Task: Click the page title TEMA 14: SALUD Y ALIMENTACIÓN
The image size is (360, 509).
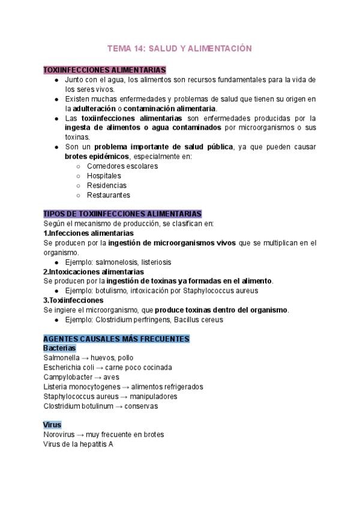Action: tap(179, 48)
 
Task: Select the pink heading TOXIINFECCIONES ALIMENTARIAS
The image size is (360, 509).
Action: tap(105, 70)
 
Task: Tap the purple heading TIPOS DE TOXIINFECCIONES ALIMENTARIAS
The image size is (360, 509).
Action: tap(123, 214)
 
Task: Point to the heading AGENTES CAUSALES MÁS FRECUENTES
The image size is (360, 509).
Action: tap(116, 339)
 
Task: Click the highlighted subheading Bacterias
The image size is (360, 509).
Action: tap(60, 348)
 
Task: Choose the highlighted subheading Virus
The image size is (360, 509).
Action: tap(52, 425)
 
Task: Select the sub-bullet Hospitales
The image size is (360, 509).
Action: tap(104, 176)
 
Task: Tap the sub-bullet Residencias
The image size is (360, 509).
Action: tap(106, 185)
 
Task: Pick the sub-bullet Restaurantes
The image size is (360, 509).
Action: tap(108, 195)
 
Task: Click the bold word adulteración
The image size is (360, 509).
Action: tap(94, 109)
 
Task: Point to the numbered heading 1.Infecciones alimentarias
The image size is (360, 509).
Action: tap(89, 233)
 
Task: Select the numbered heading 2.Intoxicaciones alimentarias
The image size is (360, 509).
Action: tap(94, 271)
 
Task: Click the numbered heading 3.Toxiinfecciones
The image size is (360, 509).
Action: tap(73, 300)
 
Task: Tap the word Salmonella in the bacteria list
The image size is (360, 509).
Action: tap(62, 358)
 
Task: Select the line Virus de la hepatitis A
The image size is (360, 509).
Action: tap(79, 444)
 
